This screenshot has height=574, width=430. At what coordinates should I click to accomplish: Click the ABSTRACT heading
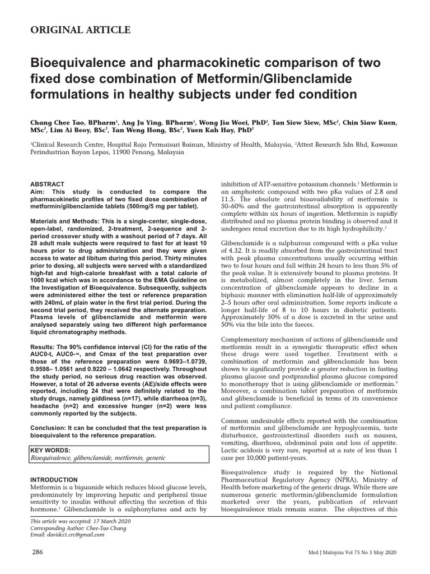pos(47,184)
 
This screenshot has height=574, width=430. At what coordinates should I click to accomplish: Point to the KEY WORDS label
pos(50,450)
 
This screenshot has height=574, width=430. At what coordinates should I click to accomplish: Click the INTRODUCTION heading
pos(54,480)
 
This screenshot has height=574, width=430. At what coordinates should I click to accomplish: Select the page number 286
pos(38,552)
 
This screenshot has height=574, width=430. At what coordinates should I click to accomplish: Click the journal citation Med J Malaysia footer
pos(353,553)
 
